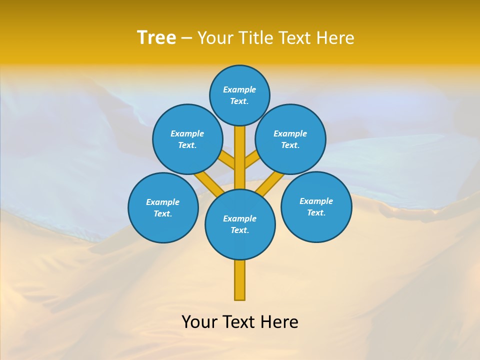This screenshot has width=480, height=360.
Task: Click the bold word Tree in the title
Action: pyautogui.click(x=156, y=38)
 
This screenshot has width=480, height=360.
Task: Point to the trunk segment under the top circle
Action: pyautogui.click(x=240, y=155)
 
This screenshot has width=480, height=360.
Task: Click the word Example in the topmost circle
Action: pyautogui.click(x=239, y=89)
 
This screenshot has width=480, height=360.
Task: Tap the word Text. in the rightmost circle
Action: pyautogui.click(x=316, y=212)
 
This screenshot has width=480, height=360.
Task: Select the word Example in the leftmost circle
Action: pyautogui.click(x=162, y=202)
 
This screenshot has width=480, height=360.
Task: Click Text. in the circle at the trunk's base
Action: pyautogui.click(x=239, y=230)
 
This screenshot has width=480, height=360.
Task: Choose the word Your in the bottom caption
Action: pyautogui.click(x=199, y=322)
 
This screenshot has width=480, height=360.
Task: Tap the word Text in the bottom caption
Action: pyautogui.click(x=239, y=322)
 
